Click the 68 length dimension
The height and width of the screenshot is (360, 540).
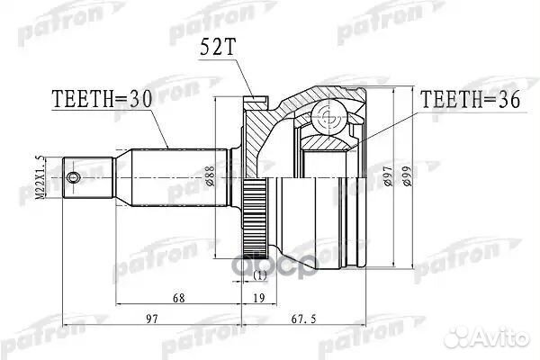pos(177,297)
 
